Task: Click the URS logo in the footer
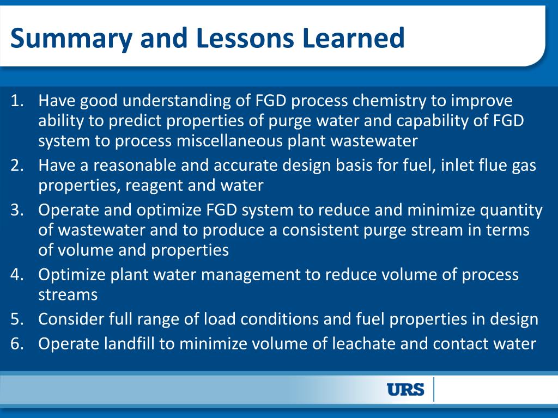coord(405,390)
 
